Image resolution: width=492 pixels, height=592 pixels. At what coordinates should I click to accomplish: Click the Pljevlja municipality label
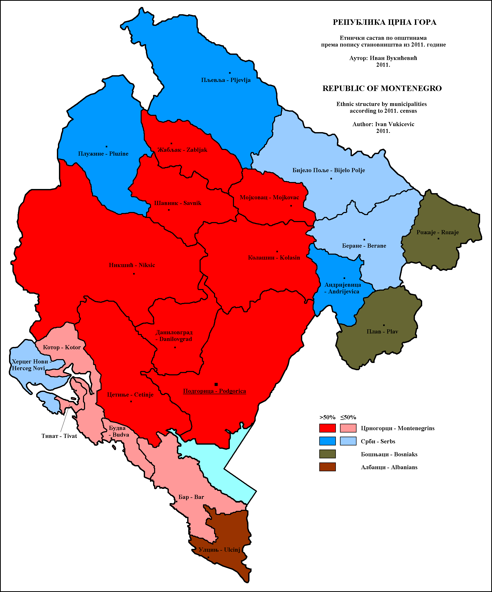pos(226,80)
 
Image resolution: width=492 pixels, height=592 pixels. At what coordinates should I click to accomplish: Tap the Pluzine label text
pos(103,154)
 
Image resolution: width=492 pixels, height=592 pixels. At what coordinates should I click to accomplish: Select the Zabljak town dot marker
pos(171,143)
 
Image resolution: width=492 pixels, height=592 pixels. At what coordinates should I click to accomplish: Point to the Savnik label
pos(178,203)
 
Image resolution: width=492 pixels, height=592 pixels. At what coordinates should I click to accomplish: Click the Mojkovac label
pos(269,197)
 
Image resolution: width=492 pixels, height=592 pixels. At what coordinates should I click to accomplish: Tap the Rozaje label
pos(438,232)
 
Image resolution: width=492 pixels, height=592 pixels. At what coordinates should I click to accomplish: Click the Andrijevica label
pos(342,288)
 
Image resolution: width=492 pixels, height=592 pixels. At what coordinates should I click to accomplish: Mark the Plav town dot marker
pos(384,325)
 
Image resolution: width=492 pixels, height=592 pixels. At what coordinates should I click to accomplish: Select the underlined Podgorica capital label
pos(215,391)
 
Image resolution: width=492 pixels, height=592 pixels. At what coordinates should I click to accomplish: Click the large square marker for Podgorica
pos(216,384)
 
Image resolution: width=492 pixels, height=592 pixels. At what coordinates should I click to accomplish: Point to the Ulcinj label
pos(219,550)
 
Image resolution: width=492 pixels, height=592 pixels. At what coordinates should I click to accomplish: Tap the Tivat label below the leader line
pos(59,436)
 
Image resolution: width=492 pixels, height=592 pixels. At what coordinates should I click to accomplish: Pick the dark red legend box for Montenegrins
pos(327,428)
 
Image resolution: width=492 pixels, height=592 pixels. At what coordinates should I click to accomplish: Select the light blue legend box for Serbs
pos(348,441)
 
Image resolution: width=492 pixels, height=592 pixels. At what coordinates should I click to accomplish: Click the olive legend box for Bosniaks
pos(327,454)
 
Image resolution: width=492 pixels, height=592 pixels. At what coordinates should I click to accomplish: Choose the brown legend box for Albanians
pos(327,467)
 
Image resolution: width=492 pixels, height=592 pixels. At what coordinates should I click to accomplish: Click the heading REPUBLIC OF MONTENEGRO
pos(382,88)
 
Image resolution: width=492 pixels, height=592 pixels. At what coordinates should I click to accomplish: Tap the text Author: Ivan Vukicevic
pos(383,124)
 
